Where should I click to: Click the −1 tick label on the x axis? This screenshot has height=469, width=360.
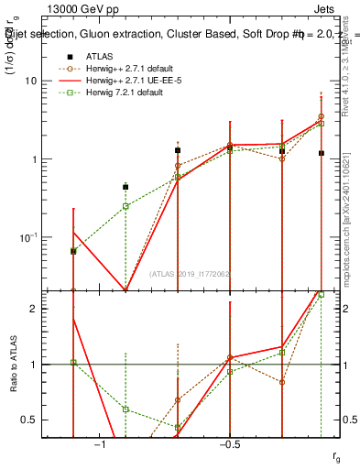tap(100, 444)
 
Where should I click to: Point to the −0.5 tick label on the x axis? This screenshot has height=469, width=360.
tap(229, 444)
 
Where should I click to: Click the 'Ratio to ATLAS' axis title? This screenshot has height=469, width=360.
tap(13, 365)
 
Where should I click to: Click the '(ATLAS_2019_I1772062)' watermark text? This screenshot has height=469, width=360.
tap(189, 274)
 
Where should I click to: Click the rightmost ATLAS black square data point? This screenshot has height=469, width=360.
tap(321, 153)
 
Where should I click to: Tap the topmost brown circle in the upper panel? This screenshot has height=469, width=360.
tap(321, 116)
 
